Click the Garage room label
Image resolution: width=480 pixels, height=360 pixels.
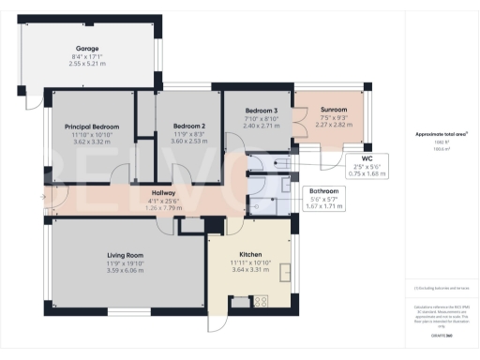coord(87,48)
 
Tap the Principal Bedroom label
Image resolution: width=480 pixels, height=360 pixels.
coord(92,127)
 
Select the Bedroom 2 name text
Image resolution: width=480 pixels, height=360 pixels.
coord(188,127)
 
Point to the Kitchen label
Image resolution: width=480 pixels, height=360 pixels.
coord(250,254)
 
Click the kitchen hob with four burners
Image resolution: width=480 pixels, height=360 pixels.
coord(261,301)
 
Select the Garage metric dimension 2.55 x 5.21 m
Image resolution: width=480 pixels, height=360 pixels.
coord(87,65)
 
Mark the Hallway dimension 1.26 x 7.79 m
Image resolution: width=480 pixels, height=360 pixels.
coord(163,207)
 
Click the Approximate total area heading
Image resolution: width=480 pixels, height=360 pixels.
coord(441,134)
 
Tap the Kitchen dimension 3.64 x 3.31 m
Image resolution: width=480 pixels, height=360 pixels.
coord(250,271)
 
